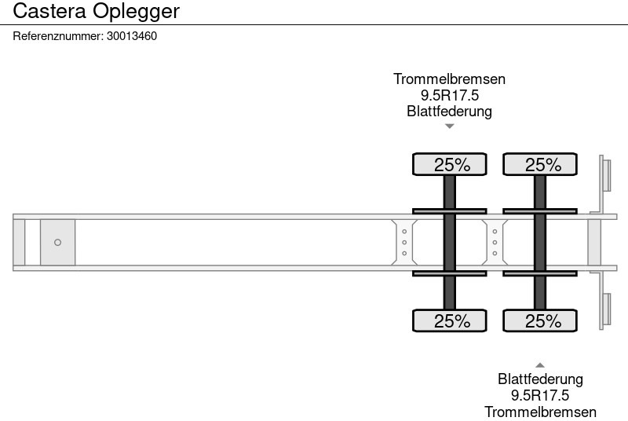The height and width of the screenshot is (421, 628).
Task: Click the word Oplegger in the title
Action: coord(136,12)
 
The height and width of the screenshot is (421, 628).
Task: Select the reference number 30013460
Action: coord(131,35)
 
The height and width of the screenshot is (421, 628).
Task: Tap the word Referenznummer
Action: coord(58,35)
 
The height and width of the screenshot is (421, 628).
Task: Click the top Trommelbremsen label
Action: coord(449,79)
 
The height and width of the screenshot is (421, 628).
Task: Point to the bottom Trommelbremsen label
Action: coord(540,412)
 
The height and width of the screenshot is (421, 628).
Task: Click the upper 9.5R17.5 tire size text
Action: coord(449,95)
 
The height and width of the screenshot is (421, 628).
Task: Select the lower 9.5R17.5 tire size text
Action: coord(540,395)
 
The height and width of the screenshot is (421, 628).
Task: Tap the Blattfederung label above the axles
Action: coord(449,111)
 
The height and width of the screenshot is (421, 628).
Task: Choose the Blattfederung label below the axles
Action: coord(540,379)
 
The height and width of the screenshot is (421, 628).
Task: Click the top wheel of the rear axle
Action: coord(540,164)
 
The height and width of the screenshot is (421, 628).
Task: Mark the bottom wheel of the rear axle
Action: coord(540,320)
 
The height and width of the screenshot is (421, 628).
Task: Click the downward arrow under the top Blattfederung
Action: coord(449,126)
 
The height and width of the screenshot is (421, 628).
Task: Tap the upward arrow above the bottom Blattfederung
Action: coord(540,364)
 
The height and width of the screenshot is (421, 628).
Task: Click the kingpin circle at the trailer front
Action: coord(57,243)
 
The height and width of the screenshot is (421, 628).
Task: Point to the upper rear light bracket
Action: coord(606,174)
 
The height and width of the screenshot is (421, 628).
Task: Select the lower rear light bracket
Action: coord(606,311)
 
